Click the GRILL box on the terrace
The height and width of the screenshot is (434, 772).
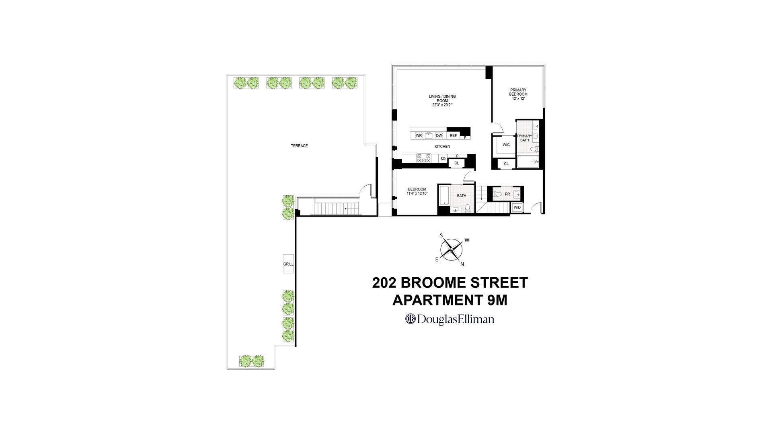288,264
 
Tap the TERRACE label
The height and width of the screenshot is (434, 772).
299,146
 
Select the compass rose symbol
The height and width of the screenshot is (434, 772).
451,250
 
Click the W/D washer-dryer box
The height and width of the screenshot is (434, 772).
517,207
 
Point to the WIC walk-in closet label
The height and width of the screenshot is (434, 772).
506,145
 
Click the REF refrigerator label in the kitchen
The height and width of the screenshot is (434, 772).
453,135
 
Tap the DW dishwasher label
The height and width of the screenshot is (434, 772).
439,135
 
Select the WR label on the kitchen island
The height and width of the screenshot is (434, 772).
419,135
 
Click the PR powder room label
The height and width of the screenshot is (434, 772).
507,194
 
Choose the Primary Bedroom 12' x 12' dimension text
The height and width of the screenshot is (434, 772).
518,99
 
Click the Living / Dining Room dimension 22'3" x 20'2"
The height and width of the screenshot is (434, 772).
442,105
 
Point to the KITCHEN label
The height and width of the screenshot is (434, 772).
442,147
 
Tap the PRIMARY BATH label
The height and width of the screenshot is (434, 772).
524,138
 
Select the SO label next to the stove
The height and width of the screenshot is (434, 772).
443,159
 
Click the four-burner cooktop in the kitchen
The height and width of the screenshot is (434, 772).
423,158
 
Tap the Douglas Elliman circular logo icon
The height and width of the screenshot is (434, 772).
410,319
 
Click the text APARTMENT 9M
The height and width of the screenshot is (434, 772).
450,301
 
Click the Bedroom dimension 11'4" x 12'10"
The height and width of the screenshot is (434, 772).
417,194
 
